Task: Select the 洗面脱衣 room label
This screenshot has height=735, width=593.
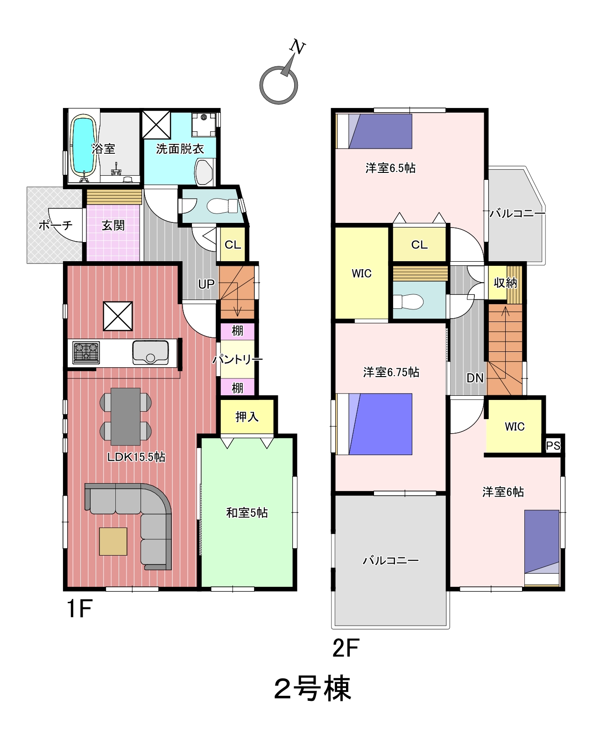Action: click(180, 149)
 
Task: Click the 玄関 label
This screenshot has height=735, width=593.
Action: click(113, 226)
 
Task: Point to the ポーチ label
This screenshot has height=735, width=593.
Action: click(56, 226)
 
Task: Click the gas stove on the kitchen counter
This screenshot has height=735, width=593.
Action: click(86, 352)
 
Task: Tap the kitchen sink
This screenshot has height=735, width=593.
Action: click(150, 352)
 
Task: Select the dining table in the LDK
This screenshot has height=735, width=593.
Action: click(126, 416)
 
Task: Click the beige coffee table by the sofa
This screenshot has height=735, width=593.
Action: click(113, 542)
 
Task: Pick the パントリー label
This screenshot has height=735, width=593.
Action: click(237, 360)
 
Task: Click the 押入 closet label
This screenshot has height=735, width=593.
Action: click(247, 417)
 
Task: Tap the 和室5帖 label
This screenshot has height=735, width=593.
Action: click(247, 513)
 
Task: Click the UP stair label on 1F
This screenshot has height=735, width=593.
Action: click(206, 284)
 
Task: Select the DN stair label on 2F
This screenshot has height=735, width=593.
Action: click(475, 378)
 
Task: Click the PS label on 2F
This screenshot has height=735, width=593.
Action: click(553, 445)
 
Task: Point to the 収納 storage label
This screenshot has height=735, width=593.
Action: click(505, 283)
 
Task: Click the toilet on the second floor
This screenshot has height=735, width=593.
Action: click(408, 302)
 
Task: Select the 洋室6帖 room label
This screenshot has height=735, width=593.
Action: click(503, 492)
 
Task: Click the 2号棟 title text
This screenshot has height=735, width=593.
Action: click(313, 689)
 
